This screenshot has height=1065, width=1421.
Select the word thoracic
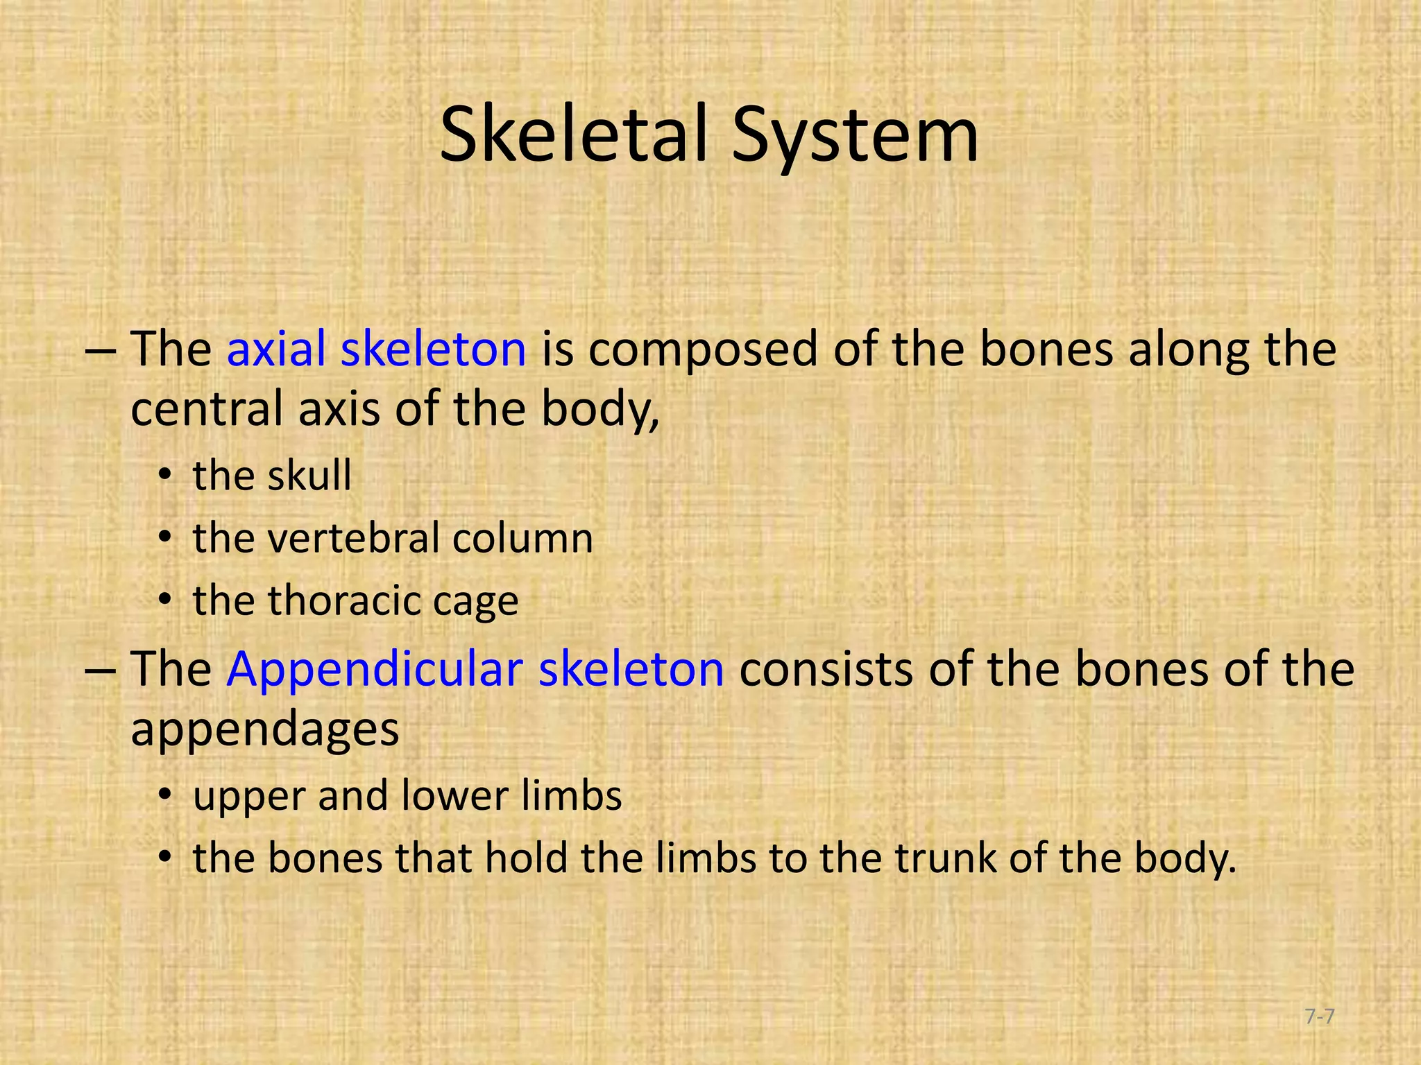coord(344,600)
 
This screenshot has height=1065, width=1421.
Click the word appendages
coord(265,729)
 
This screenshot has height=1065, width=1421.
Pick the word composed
coord(703,350)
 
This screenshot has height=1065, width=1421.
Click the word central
coord(207,408)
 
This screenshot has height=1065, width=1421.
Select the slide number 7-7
coord(1319,1017)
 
